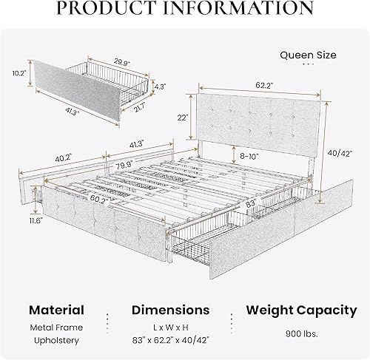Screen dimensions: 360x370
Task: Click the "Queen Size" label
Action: tap(309, 55)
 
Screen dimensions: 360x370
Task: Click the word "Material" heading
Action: tap(55, 310)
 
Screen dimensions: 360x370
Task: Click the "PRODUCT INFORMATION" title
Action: tap(185, 8)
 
